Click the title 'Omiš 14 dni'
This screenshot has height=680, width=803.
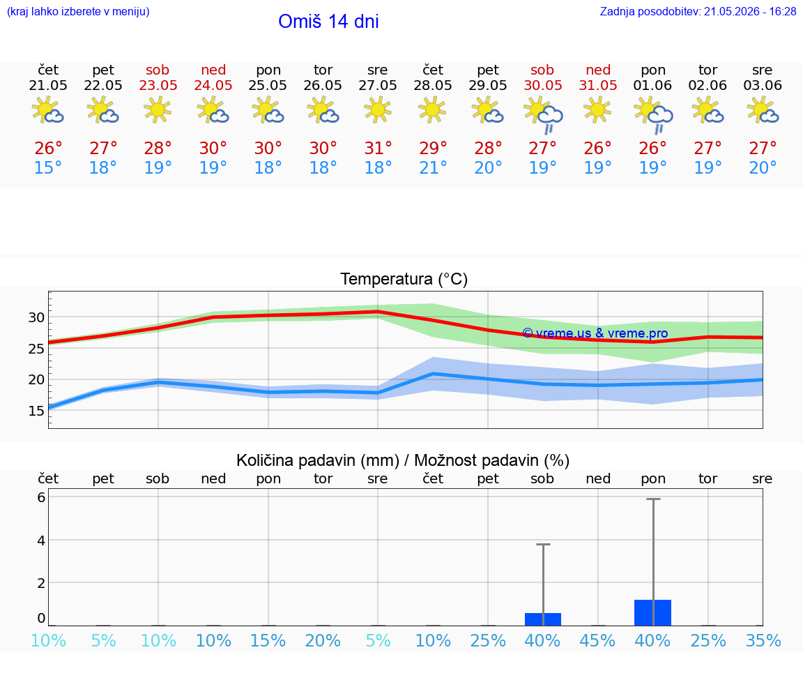328,22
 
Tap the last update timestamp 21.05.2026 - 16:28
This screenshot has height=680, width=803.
750,11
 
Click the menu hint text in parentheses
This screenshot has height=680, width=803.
78,11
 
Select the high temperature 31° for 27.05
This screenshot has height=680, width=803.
378,148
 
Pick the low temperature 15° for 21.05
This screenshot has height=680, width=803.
47,167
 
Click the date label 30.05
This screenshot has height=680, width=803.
543,85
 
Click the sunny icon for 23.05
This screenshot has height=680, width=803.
158,109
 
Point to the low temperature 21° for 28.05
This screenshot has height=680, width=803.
434,167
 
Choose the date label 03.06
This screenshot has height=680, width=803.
763,85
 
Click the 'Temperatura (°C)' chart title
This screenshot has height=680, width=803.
404,279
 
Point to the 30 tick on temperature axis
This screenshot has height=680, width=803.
36,317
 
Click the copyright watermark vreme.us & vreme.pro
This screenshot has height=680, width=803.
595,333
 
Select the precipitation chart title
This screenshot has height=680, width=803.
403,460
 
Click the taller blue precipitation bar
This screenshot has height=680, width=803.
653,612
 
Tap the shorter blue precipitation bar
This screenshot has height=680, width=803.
543,619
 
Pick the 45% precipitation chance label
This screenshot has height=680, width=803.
597,640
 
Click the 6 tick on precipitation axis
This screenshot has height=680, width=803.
41,497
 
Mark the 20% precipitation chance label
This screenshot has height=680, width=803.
323,640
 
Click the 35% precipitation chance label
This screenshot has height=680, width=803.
763,640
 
